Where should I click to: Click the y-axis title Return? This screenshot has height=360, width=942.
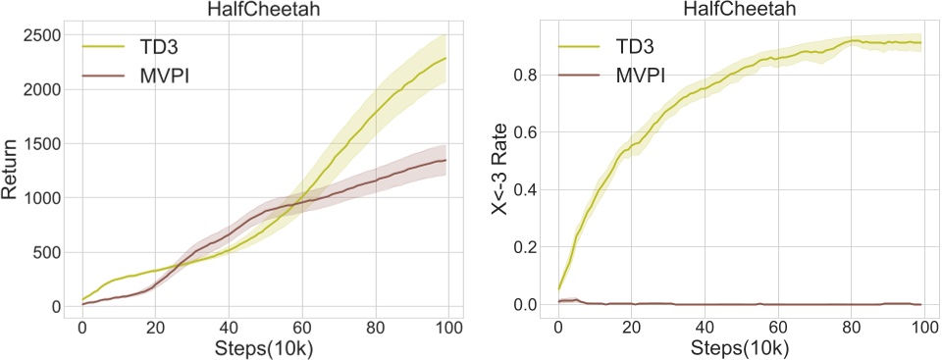coord(12,171)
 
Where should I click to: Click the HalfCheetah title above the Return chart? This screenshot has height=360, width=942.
coord(265,9)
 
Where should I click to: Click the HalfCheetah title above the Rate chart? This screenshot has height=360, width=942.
coord(741,9)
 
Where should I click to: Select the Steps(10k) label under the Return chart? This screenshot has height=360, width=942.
coord(265,348)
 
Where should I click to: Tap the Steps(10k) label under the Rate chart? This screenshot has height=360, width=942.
coord(741,348)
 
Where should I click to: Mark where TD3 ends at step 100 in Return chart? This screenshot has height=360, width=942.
coord(446,58)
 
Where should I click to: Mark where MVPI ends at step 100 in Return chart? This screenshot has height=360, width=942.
coord(446,160)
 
